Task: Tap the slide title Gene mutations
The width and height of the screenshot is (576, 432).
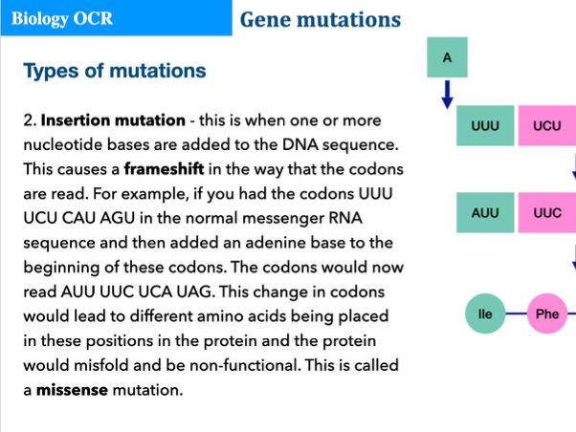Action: (320, 19)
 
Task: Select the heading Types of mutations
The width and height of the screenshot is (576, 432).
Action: (114, 71)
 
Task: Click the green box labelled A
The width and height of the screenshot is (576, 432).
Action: (447, 58)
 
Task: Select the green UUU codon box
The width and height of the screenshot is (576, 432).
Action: (485, 126)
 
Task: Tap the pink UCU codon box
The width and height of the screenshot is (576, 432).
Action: (546, 126)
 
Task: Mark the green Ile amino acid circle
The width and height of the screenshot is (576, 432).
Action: (485, 313)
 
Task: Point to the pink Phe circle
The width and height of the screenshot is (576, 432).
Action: (546, 313)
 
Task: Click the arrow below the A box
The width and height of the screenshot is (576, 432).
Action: (447, 95)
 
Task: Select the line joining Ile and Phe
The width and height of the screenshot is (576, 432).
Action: (516, 313)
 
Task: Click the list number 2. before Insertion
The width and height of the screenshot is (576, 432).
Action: (29, 120)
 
